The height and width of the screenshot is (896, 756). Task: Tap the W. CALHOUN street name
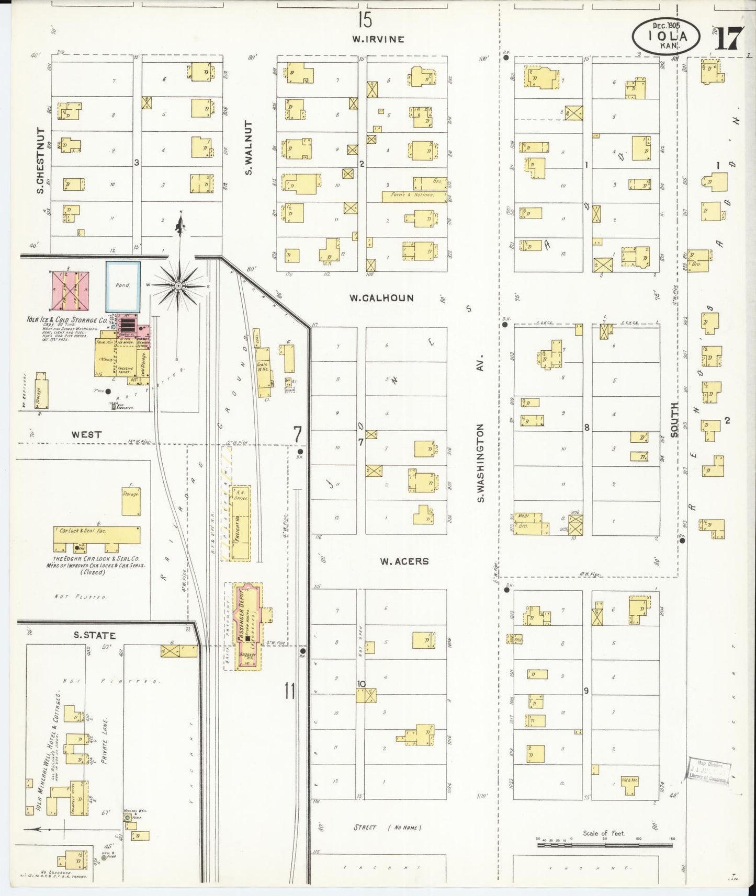(x=381, y=298)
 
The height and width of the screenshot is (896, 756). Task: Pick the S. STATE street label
(x=94, y=635)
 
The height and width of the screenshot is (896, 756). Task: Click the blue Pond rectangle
(x=123, y=286)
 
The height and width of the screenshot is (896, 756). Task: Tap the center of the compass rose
(x=178, y=286)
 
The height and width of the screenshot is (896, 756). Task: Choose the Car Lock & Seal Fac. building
(x=97, y=535)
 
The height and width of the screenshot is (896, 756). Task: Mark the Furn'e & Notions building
(x=413, y=196)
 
